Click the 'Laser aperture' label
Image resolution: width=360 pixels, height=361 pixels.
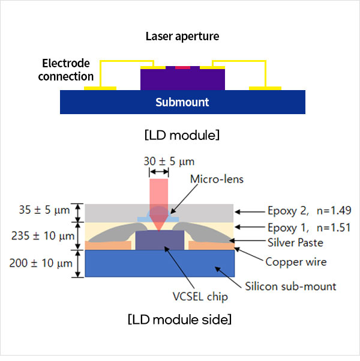click(x=182, y=36)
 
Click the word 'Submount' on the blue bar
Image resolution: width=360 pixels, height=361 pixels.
click(x=182, y=102)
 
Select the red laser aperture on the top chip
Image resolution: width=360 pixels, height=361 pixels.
click(x=182, y=68)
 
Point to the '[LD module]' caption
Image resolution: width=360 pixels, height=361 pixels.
click(x=182, y=135)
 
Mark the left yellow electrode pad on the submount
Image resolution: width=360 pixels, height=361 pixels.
click(x=100, y=88)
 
